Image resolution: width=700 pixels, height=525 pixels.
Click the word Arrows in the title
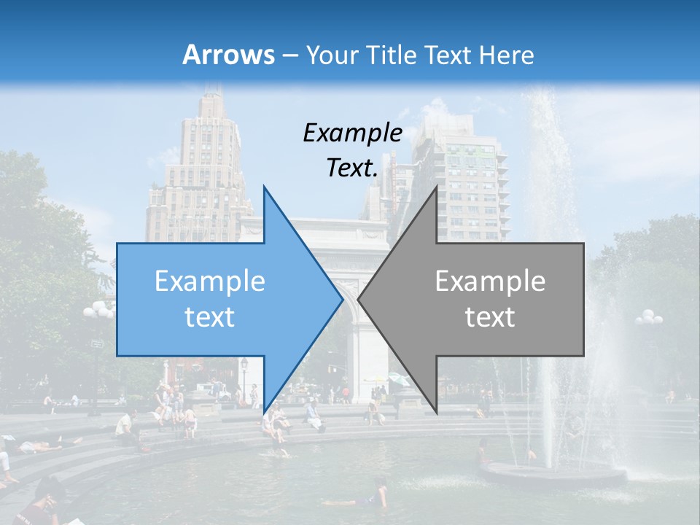pos(228,55)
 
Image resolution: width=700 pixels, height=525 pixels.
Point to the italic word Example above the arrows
pos(352,133)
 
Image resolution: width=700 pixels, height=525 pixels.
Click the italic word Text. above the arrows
pos(352,168)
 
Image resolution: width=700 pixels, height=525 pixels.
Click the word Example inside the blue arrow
pos(210,281)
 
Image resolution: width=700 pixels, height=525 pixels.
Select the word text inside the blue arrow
pos(210,316)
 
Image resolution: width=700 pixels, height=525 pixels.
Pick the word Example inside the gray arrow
pos(490,281)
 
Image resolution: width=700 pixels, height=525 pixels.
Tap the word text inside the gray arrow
pos(490,316)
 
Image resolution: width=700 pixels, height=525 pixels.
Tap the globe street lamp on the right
pos(648,318)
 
